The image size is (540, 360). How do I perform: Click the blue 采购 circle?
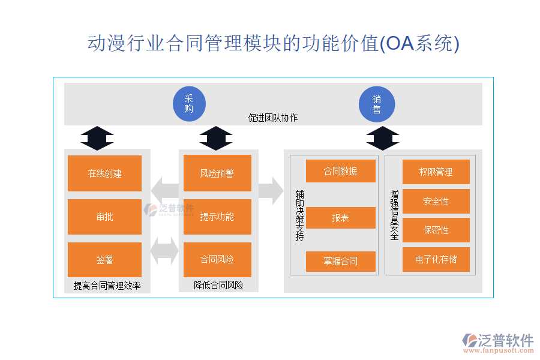pyautogui.click(x=189, y=104)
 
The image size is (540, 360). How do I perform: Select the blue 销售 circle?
pyautogui.click(x=376, y=104)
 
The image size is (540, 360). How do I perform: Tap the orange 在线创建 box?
pyautogui.click(x=104, y=173)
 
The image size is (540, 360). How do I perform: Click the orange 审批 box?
pyautogui.click(x=104, y=217)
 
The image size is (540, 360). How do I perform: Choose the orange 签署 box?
pyautogui.click(x=104, y=260)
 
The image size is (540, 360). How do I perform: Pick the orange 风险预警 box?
pyautogui.click(x=217, y=173)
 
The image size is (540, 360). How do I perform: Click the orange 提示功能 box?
pyautogui.click(x=217, y=217)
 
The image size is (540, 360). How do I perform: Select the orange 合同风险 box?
pyautogui.click(x=217, y=260)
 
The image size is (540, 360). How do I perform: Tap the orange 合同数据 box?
pyautogui.click(x=340, y=171)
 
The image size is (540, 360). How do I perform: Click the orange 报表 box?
pyautogui.click(x=340, y=218)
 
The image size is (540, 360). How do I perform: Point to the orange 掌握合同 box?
pyautogui.click(x=340, y=261)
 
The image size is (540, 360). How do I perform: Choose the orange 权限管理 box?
pyautogui.click(x=436, y=172)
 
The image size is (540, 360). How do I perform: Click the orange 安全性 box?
pyautogui.click(x=436, y=201)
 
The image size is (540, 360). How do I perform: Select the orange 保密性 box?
pyautogui.click(x=436, y=230)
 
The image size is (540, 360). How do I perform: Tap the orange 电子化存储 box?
pyautogui.click(x=436, y=259)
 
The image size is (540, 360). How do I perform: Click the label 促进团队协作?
pyautogui.click(x=273, y=118)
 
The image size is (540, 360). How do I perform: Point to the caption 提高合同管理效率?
pyautogui.click(x=107, y=286)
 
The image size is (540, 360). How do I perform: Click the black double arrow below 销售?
pyautogui.click(x=382, y=138)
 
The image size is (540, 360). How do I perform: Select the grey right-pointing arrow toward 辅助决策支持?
pyautogui.click(x=271, y=191)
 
